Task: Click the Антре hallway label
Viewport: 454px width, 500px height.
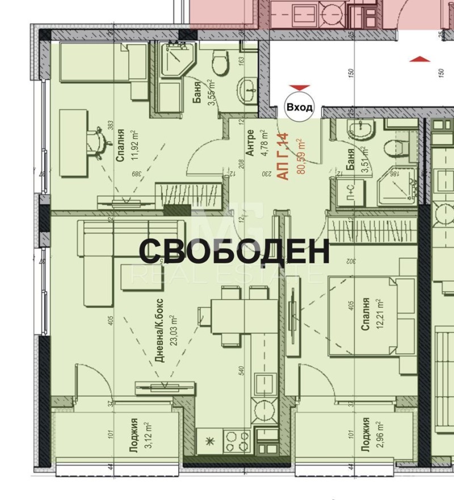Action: click(x=250, y=145)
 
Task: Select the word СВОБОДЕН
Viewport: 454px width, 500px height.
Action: click(x=234, y=252)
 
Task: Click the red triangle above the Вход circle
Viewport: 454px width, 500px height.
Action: click(x=299, y=88)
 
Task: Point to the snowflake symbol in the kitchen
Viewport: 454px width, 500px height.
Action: click(x=207, y=440)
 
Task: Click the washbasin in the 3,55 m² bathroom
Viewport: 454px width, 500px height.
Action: click(x=247, y=91)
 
